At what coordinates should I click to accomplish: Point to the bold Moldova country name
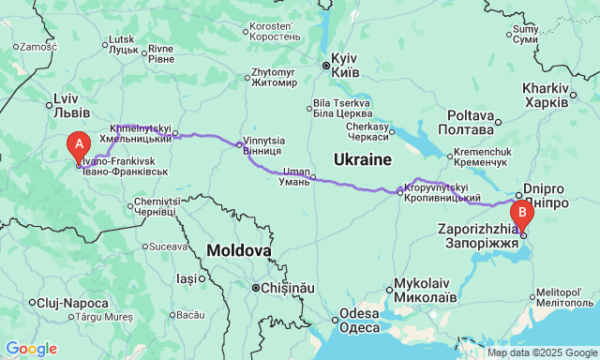(239, 250)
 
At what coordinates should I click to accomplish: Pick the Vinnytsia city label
(264, 144)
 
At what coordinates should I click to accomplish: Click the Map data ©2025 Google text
(541, 353)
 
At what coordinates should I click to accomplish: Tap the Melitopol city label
(562, 298)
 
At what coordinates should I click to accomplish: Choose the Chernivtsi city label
(156, 206)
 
